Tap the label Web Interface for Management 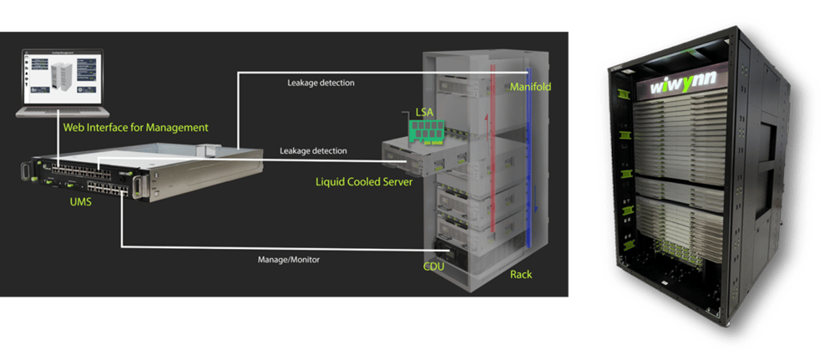pyautogui.click(x=135, y=128)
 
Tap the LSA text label pyautogui.click(x=424, y=111)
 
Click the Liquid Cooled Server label pyautogui.click(x=363, y=181)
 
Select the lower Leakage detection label pyautogui.click(x=313, y=151)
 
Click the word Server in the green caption pyautogui.click(x=392, y=181)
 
